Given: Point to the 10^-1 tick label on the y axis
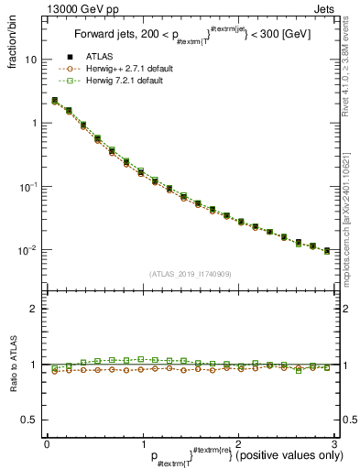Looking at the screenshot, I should (x=28, y=186).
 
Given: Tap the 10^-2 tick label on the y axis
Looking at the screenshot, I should (x=28, y=249).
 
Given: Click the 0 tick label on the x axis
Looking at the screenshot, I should (x=47, y=444).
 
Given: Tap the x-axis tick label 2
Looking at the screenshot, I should (x=238, y=444).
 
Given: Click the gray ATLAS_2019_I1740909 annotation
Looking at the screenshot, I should (x=190, y=274).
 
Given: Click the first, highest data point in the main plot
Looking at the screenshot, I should (x=55, y=101).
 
